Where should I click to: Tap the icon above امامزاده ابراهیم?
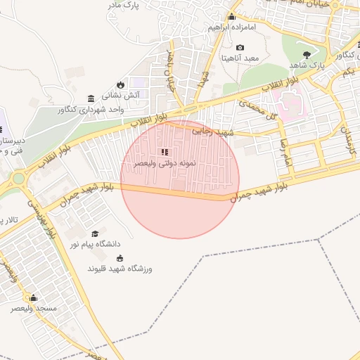pyautogui.click(x=231, y=17)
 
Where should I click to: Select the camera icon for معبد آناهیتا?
pyautogui.click(x=240, y=47)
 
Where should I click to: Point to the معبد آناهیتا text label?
pyautogui.click(x=241, y=58)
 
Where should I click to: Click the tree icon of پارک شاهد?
pyautogui.click(x=306, y=54)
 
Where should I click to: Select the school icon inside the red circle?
pyautogui.click(x=165, y=152)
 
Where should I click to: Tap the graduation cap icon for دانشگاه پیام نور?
pyautogui.click(x=95, y=233)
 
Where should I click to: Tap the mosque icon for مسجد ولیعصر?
pyautogui.click(x=33, y=297)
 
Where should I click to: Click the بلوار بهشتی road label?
pyautogui.click(x=41, y=219)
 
